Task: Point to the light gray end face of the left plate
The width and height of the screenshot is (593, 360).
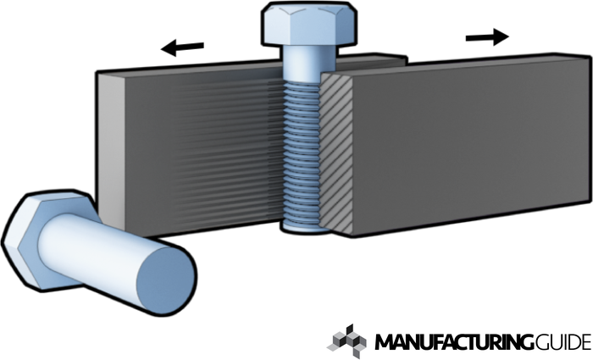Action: tap(111, 144)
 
